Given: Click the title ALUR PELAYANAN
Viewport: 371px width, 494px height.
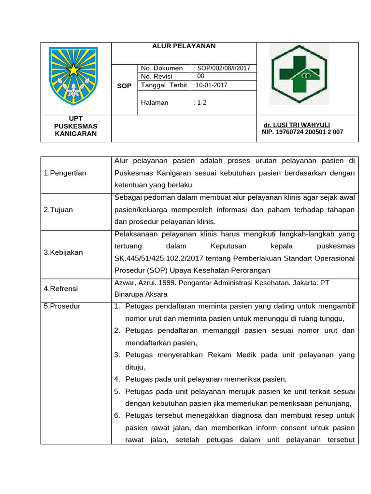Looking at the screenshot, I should [x=184, y=46].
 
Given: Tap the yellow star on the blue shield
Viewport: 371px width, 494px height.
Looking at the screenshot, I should [x=73, y=70].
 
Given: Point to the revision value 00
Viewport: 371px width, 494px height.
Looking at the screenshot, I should [x=200, y=76].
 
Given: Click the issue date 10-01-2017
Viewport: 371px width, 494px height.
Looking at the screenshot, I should [x=211, y=85].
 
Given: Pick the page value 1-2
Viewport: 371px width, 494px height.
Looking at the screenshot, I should [x=200, y=103].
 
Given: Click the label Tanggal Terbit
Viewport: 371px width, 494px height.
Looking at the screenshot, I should [x=163, y=85].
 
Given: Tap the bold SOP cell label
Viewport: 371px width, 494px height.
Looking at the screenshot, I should [x=124, y=86].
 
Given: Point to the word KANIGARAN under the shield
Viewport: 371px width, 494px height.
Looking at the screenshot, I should [x=75, y=134].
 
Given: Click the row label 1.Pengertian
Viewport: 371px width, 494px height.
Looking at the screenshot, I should [x=65, y=173].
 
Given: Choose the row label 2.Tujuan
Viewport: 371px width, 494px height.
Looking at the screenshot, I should [x=58, y=210].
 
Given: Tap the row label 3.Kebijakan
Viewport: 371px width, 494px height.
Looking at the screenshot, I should [x=63, y=252].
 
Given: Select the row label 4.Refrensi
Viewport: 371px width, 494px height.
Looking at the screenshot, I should [x=61, y=288].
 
